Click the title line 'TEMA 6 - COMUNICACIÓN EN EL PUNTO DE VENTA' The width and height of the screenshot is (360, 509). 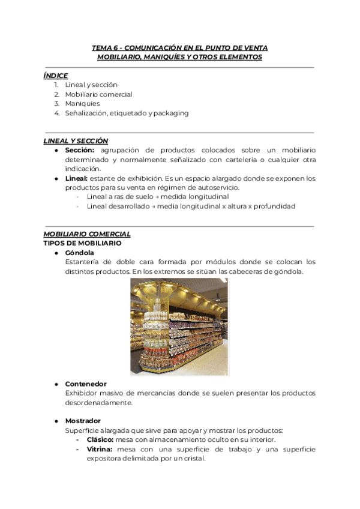pyautogui.click(x=179, y=47)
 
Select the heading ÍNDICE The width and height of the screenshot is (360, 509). pyautogui.click(x=56, y=76)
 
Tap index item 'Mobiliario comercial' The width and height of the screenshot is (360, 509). pyautogui.click(x=98, y=94)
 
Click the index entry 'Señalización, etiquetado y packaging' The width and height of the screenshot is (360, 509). pyautogui.click(x=127, y=113)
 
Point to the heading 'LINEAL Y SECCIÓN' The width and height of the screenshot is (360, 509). pyautogui.click(x=76, y=141)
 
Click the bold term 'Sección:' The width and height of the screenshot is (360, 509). pyautogui.click(x=80, y=150)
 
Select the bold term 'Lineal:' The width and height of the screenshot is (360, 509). pyautogui.click(x=76, y=179)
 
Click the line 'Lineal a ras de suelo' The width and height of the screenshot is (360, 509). pyautogui.click(x=116, y=197)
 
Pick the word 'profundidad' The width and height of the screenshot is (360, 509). pyautogui.click(x=274, y=206)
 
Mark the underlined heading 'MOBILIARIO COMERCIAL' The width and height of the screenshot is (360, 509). pyautogui.click(x=87, y=234)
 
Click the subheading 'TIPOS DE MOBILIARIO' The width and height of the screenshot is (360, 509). pyautogui.click(x=82, y=243)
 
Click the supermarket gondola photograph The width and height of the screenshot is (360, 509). pyautogui.click(x=179, y=326)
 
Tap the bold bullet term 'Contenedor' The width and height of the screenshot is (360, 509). pyautogui.click(x=86, y=384)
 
